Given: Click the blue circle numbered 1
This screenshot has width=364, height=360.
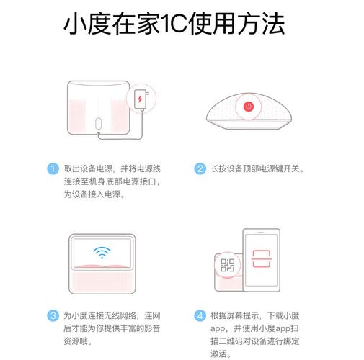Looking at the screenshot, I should tap(53, 168).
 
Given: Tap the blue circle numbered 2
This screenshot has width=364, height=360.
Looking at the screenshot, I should tap(200, 168).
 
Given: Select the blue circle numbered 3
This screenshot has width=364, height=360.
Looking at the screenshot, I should tap(53, 315).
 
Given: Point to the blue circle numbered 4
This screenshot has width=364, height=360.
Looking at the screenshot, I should tap(200, 315).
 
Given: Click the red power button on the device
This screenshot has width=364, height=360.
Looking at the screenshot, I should tap(249, 107).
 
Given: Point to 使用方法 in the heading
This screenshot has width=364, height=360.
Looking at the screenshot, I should tap(238, 24).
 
